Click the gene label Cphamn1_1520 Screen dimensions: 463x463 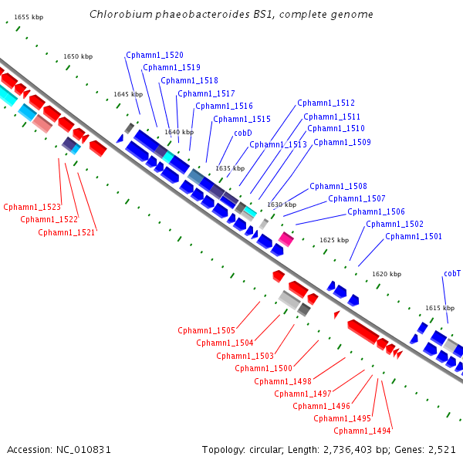155,56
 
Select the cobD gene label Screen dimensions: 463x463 243,133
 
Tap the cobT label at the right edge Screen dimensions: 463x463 452,274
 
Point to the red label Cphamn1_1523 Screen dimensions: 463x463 32,207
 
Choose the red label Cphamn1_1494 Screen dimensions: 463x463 363,431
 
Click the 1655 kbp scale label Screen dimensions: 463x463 29,18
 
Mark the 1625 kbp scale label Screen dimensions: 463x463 334,240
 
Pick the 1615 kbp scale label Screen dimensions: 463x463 440,308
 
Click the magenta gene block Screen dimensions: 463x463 286,239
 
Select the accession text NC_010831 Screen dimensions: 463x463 83,450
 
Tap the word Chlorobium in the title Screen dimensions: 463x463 121,14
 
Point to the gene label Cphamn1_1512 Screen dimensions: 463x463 326,103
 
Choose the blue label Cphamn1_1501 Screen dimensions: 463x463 414,237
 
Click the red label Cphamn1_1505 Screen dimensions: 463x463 206,330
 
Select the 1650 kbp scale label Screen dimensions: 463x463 78,56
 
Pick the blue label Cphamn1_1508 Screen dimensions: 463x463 339,186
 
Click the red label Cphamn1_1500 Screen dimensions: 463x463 263,369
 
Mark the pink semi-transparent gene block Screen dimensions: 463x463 42,123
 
